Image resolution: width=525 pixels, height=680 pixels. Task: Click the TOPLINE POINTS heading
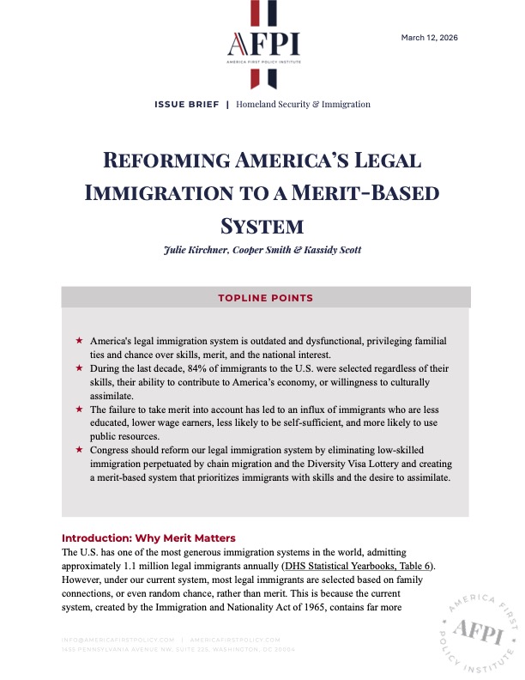click(x=265, y=298)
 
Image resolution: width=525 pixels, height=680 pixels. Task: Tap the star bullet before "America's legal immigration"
click(x=79, y=342)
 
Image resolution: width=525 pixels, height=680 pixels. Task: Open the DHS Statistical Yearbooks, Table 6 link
click(x=359, y=566)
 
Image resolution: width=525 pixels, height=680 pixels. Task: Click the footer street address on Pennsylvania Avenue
click(x=178, y=649)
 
